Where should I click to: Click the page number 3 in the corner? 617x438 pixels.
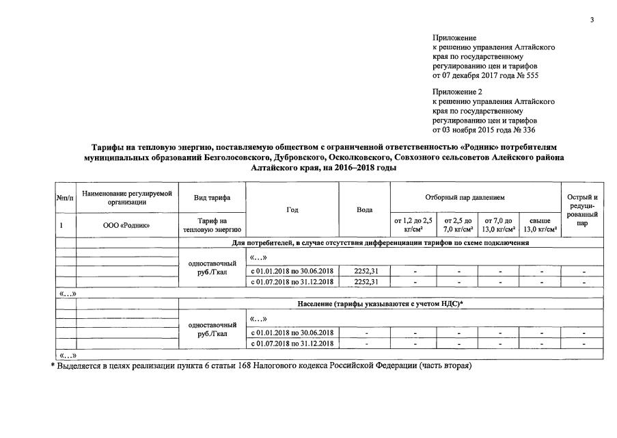(x=592, y=19)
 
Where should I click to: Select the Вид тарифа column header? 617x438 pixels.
(x=211, y=198)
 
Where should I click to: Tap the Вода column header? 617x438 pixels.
(x=364, y=210)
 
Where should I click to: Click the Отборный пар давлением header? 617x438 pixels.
(x=474, y=198)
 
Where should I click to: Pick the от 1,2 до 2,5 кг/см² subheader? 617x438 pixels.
(x=413, y=224)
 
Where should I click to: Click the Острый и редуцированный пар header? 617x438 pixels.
(x=581, y=210)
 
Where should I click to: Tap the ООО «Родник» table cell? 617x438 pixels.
(x=126, y=224)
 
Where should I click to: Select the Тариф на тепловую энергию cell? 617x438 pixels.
(x=211, y=224)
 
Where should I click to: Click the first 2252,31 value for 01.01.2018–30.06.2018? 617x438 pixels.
(x=364, y=271)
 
